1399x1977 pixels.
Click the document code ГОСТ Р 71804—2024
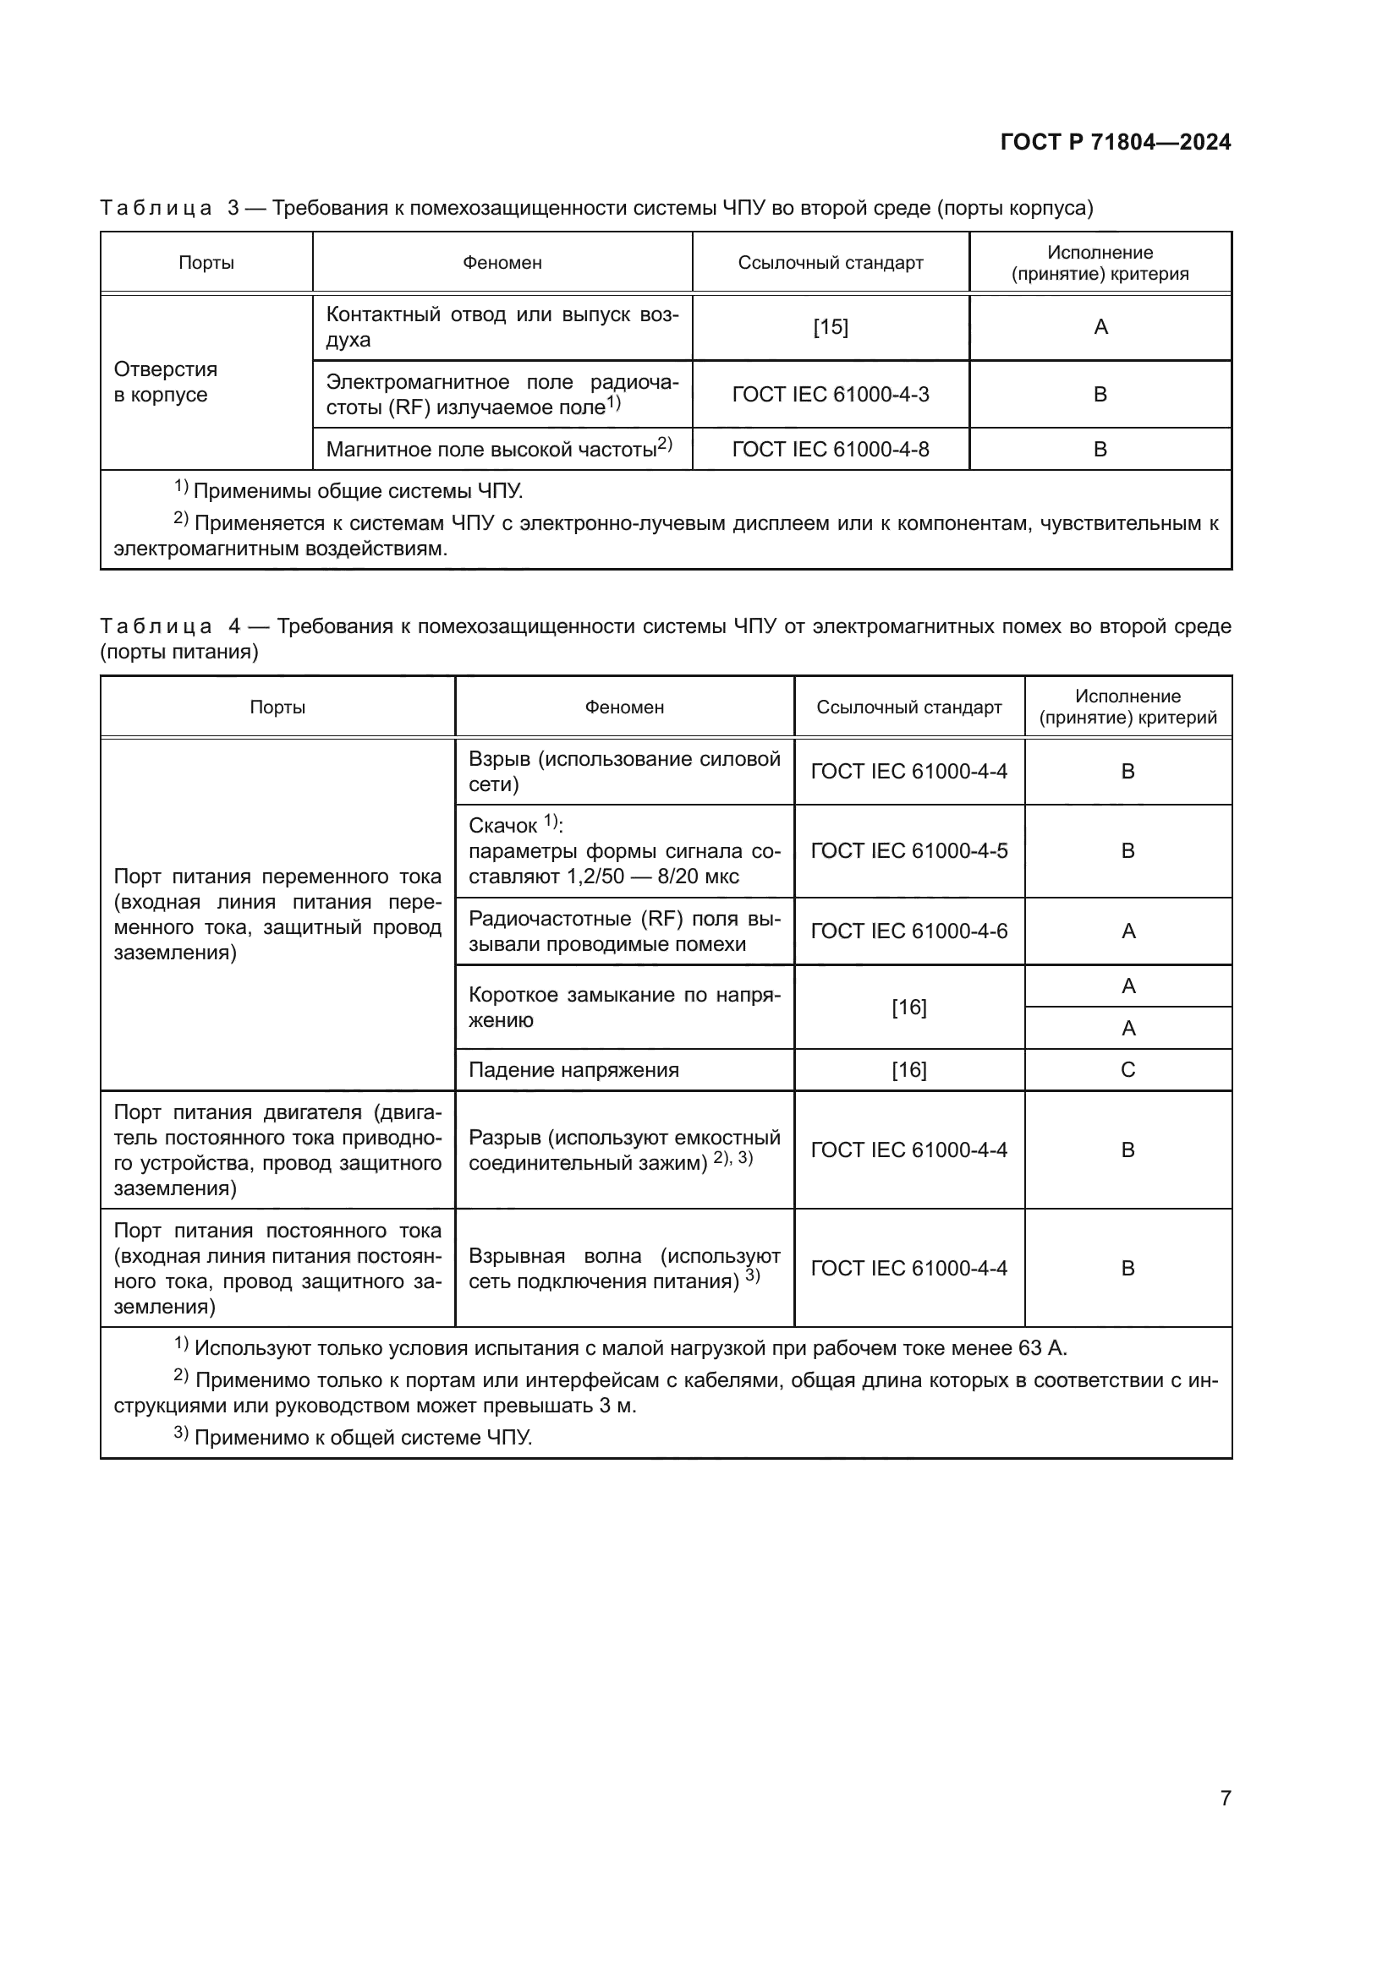[1115, 142]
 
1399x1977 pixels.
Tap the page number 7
[1225, 1797]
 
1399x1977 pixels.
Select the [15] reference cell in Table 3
[830, 327]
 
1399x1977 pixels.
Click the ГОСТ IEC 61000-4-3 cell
[830, 395]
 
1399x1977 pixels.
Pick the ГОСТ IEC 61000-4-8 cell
[830, 449]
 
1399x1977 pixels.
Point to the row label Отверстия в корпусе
[166, 381]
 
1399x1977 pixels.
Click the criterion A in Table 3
[1100, 327]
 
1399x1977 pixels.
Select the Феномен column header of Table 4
[623, 707]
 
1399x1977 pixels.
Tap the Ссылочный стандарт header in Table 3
[830, 263]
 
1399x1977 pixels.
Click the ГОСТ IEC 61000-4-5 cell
[908, 851]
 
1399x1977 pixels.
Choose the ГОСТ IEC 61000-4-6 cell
[908, 931]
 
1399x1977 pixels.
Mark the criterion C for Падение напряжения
[1127, 1069]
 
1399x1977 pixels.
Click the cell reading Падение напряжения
[573, 1069]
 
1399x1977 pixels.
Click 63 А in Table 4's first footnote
[1045, 1347]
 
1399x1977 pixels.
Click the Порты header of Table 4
[277, 707]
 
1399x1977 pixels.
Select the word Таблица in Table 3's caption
[156, 208]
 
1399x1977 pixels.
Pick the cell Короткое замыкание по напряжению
[623, 1007]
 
